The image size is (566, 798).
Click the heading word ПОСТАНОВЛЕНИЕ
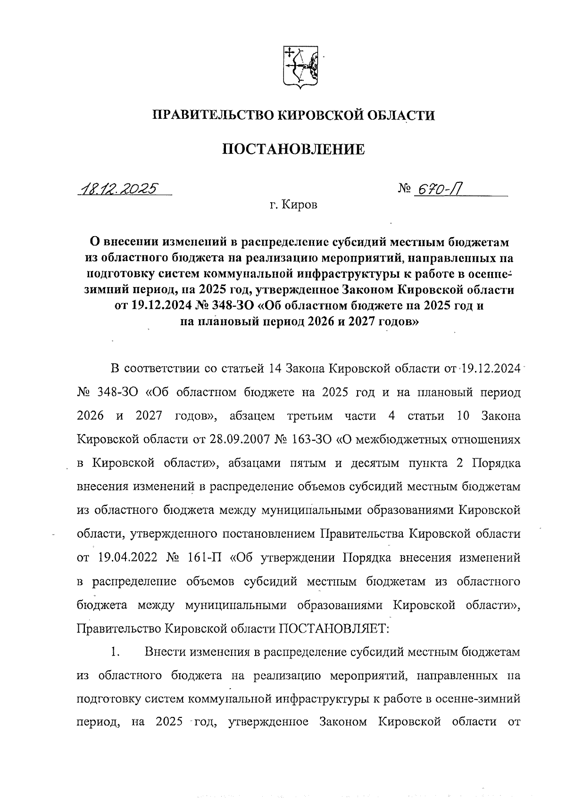pos(293,149)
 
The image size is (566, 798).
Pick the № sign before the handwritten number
pos(404,189)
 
